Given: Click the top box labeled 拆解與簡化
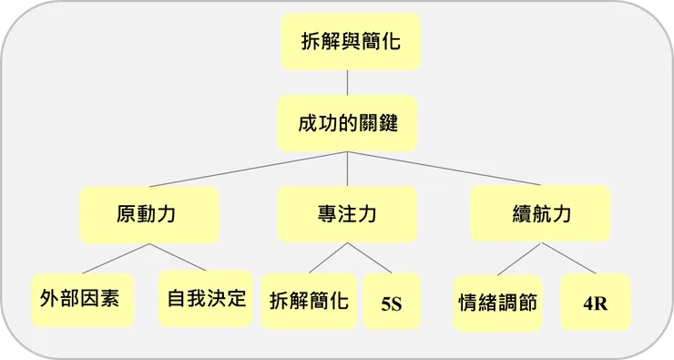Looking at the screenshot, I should tap(351, 41).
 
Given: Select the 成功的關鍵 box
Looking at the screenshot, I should tap(347, 123).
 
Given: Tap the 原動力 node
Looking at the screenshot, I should tap(148, 215).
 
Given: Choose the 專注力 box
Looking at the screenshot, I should tap(347, 215).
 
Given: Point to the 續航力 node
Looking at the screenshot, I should tap(540, 215).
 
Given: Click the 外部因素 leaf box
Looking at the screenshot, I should tap(81, 299).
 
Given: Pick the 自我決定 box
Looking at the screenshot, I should tap(206, 298).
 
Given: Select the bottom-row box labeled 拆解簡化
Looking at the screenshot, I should tap(309, 301).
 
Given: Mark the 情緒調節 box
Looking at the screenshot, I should tap(496, 303).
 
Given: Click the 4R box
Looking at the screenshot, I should tap(596, 302).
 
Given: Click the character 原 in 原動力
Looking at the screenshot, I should tap(128, 215).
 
